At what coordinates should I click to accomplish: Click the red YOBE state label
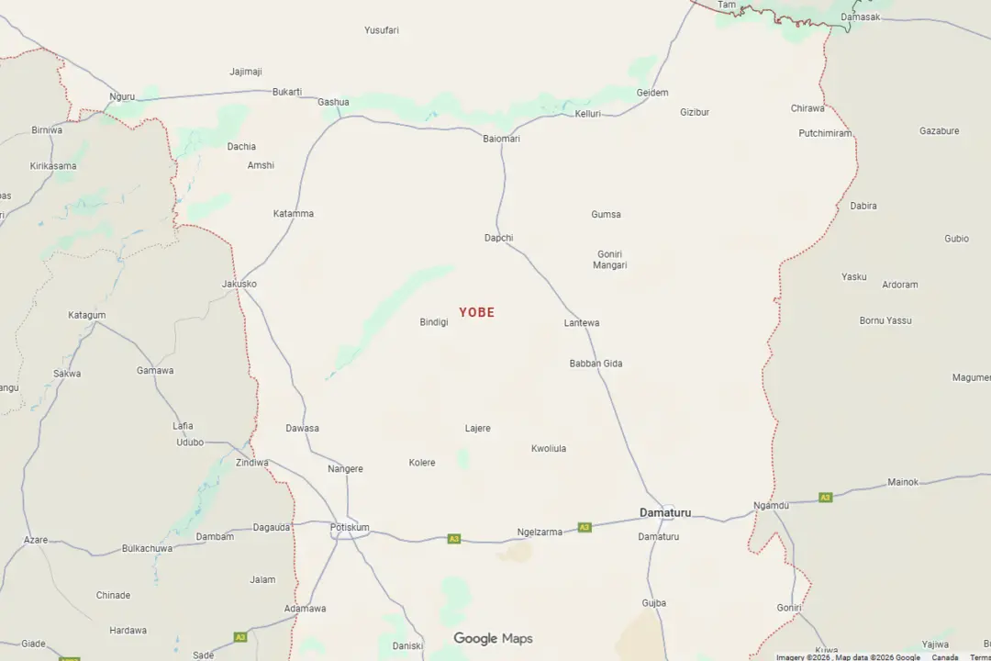point(476,312)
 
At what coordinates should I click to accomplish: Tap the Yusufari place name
point(381,30)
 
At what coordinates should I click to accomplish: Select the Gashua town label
point(333,102)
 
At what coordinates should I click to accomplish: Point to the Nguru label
point(122,96)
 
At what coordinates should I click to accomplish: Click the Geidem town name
point(652,93)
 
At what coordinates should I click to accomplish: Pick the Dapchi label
point(498,238)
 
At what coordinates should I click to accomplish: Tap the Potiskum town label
point(350,527)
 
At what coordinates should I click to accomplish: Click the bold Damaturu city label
point(665,512)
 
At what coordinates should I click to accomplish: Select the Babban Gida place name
point(596,364)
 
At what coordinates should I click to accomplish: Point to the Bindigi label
point(434,322)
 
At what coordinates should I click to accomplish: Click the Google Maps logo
point(493,639)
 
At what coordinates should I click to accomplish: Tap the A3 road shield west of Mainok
point(825,498)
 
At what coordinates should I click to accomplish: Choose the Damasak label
point(860,17)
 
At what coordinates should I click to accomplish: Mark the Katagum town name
point(86,315)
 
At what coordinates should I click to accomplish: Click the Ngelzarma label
point(540,532)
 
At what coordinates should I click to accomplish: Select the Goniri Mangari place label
point(611,260)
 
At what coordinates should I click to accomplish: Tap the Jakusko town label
point(239,284)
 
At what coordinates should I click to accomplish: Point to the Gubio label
point(956,239)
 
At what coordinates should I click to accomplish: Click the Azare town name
point(36,540)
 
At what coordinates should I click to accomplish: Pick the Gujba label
point(654,603)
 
